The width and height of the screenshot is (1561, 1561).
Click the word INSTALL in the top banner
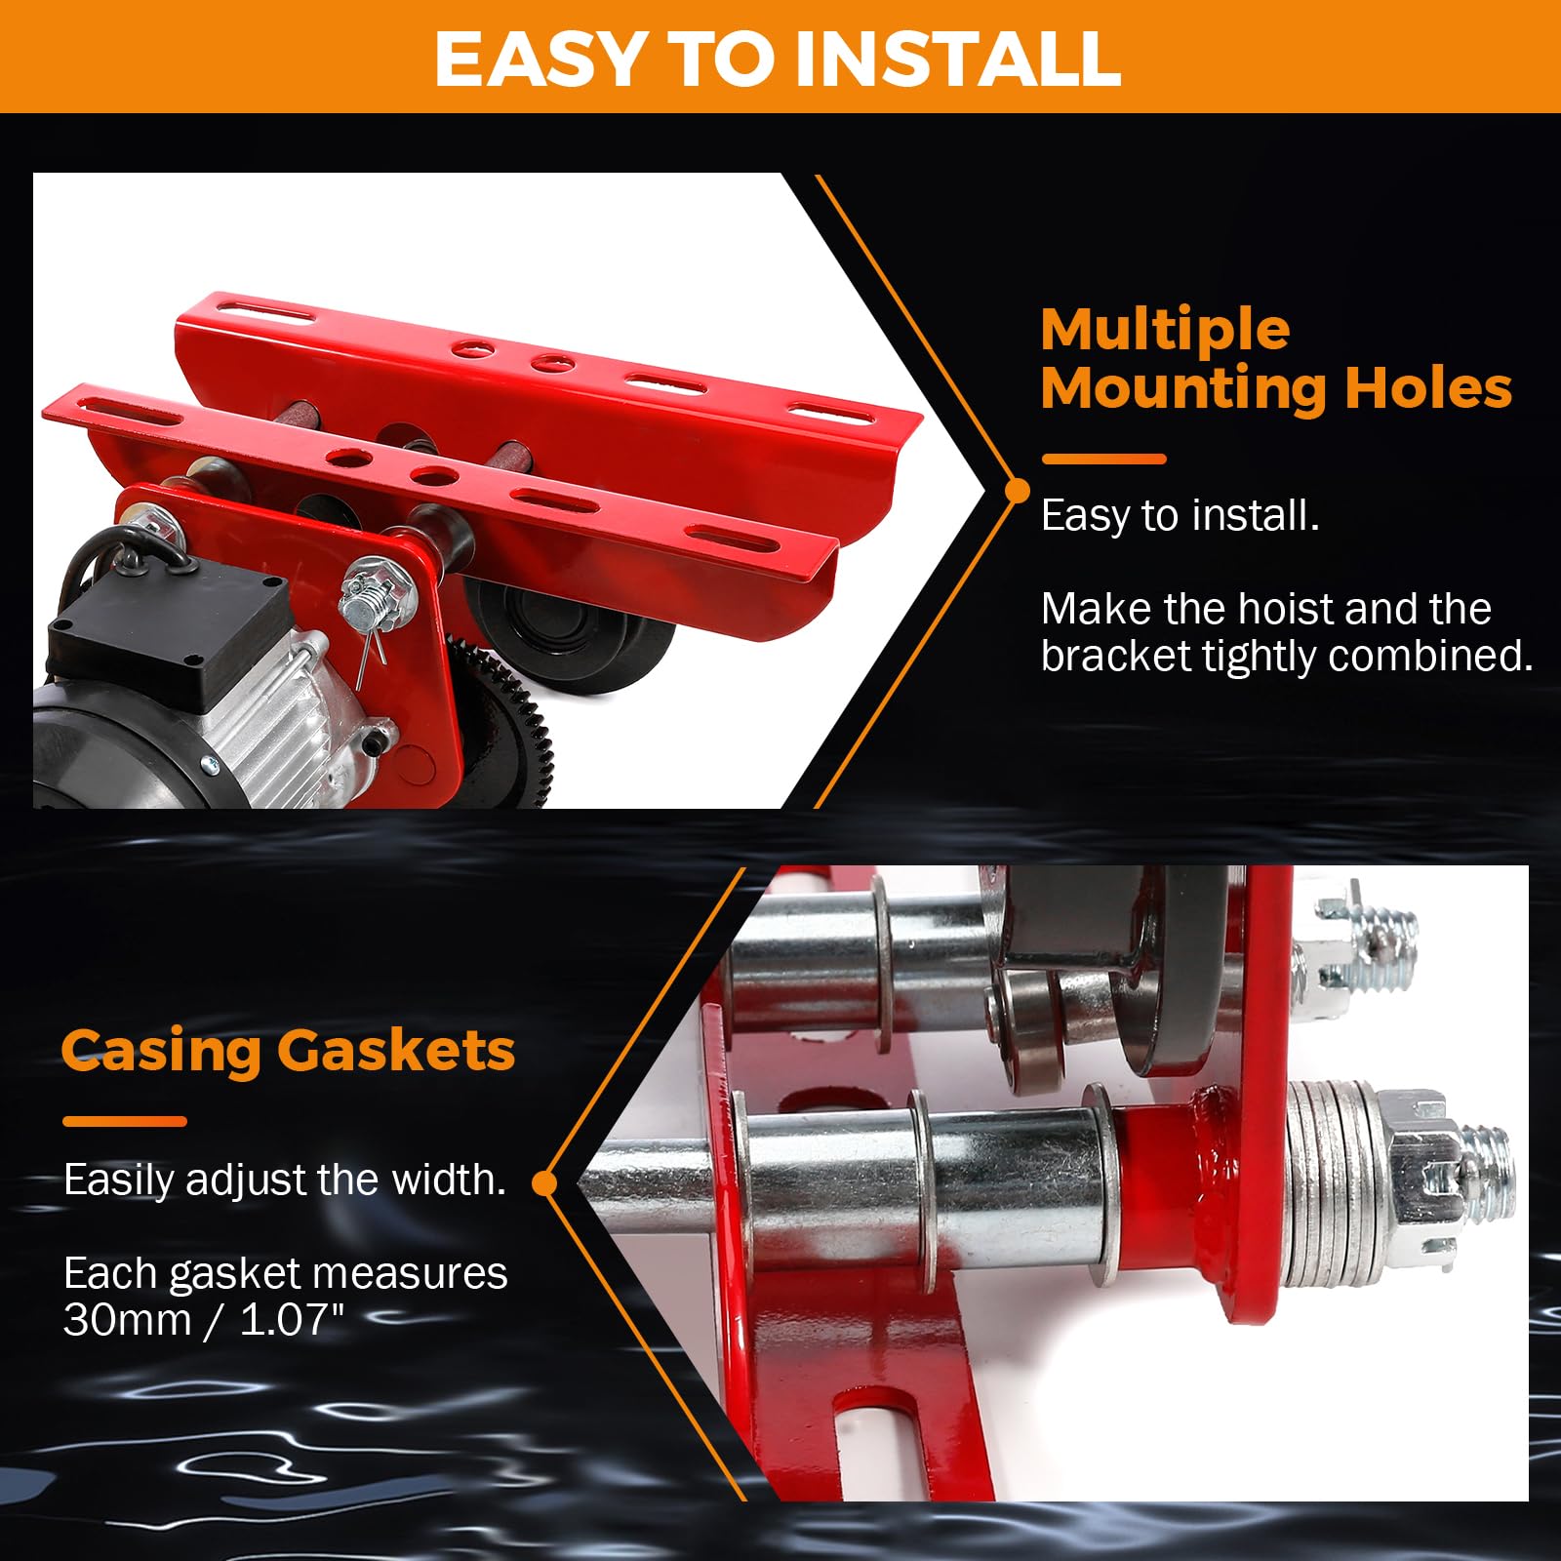(x=958, y=59)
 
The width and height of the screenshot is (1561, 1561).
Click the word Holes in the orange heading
(x=1428, y=387)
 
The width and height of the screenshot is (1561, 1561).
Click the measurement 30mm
(x=128, y=1320)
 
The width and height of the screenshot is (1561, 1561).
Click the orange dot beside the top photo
(x=1017, y=490)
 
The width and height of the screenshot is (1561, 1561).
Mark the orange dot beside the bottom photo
(x=544, y=1183)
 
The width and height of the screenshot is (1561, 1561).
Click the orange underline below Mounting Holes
(x=1103, y=459)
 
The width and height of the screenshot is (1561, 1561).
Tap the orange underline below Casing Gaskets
(x=124, y=1122)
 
